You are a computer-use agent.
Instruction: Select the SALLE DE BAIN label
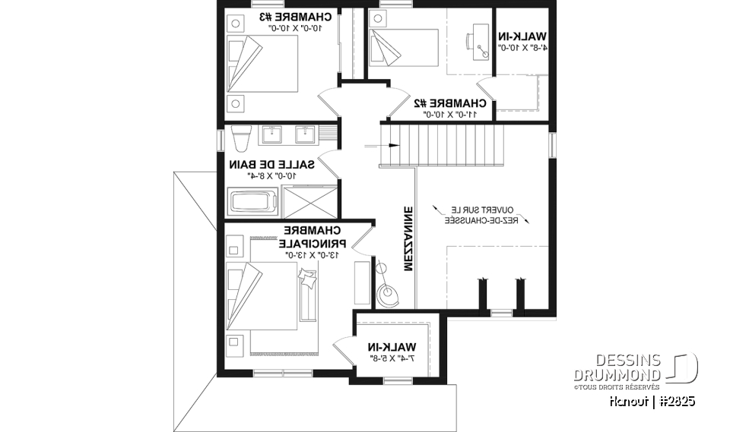coord(262,164)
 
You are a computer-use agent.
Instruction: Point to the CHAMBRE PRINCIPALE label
coord(313,237)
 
